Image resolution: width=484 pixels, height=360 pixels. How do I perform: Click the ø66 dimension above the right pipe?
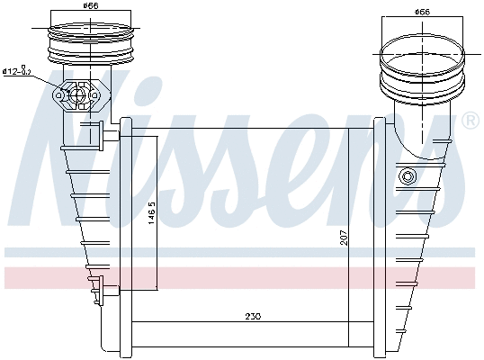(421, 12)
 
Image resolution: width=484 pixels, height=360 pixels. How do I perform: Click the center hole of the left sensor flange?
(79, 94)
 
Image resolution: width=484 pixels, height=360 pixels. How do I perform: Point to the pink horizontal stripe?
(243, 277)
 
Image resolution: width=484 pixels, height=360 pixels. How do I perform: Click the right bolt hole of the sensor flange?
(94, 94)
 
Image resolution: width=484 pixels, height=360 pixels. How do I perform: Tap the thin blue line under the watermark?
(243, 250)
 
